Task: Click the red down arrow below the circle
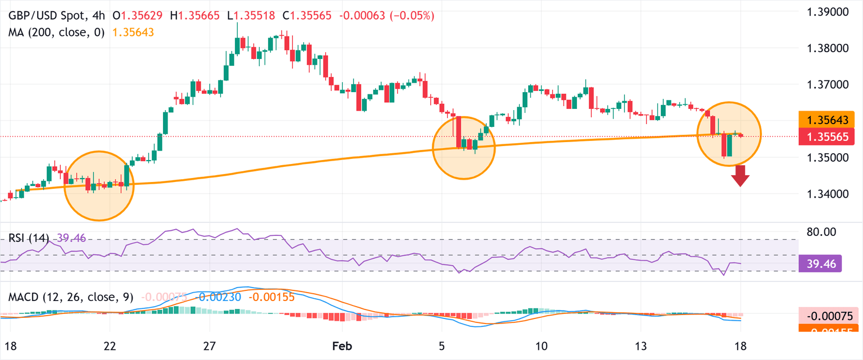coord(741,180)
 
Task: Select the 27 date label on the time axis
coord(210,344)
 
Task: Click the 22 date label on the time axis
coord(110,344)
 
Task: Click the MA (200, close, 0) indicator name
coord(56,33)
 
